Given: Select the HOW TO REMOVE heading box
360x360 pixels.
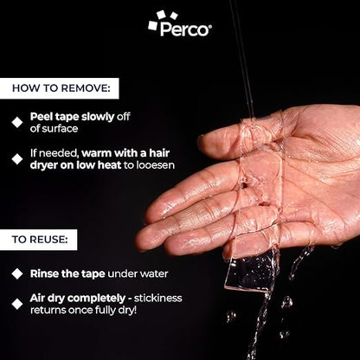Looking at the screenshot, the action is click(59, 88).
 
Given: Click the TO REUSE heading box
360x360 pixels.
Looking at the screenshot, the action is click(38, 240).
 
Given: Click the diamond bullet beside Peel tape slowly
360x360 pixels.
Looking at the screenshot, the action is click(17, 122).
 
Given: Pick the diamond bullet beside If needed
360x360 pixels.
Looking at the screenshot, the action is click(17, 159).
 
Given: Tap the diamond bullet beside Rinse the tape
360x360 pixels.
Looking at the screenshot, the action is click(17, 273).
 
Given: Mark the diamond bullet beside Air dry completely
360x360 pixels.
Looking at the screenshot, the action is click(17, 304).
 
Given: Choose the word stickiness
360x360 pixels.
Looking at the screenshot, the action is click(157, 298).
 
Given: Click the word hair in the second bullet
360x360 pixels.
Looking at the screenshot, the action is click(159, 153).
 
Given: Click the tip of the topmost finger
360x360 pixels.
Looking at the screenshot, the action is click(202, 141).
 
